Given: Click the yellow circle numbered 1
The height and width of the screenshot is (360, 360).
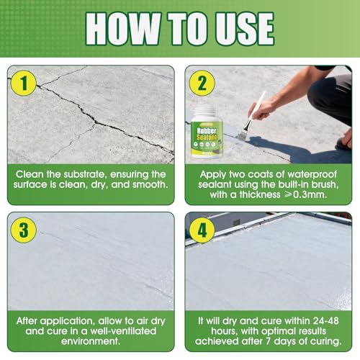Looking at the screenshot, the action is click(x=24, y=83).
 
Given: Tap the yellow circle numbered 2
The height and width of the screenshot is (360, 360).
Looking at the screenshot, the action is click(x=202, y=83).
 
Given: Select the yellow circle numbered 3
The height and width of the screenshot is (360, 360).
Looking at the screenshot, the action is click(x=24, y=230).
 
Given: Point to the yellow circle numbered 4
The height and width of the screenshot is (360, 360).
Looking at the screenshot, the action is click(x=202, y=230).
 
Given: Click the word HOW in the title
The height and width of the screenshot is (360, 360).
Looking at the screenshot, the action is click(x=123, y=29).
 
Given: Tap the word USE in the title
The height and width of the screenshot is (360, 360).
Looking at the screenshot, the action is click(x=244, y=29).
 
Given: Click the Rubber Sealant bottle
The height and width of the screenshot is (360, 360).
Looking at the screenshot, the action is click(x=207, y=132).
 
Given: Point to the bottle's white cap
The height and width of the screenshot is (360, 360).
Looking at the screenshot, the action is click(x=205, y=113).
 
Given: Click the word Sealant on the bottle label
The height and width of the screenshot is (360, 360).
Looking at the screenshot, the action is click(x=207, y=138).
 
